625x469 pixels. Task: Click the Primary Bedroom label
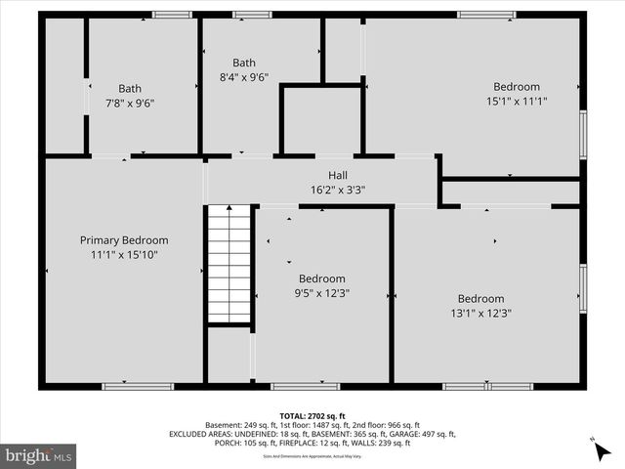(x=124, y=240)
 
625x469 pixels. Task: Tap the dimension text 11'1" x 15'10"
(x=124, y=255)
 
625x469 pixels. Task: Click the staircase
(x=229, y=264)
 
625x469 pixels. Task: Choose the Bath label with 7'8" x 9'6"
(x=130, y=88)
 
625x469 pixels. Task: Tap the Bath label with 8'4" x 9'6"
(x=244, y=63)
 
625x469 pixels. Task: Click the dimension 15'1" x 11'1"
(x=516, y=101)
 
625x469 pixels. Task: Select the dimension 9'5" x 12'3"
(x=321, y=292)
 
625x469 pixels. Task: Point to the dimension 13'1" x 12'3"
(x=480, y=314)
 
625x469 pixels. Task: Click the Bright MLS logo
(x=39, y=455)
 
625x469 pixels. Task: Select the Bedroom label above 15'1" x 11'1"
(x=516, y=86)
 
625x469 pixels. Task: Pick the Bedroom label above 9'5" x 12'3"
(x=321, y=277)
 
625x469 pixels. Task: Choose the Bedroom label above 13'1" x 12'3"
(x=480, y=299)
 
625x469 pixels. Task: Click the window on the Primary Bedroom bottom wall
(x=124, y=386)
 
